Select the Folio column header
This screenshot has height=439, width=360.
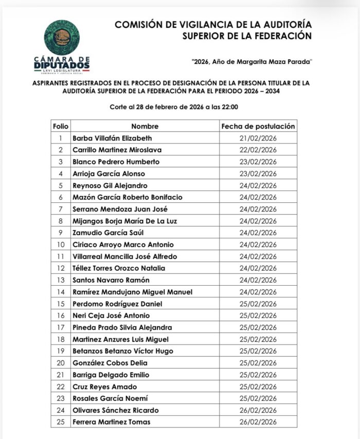[60, 126]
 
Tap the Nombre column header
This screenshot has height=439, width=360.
[145, 126]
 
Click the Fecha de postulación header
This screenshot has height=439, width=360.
[258, 126]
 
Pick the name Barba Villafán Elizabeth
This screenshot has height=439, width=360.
[112, 138]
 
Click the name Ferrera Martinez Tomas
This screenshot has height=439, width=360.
[112, 422]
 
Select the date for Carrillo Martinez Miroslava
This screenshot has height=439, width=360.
[258, 150]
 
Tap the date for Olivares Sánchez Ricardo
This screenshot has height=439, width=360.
[258, 410]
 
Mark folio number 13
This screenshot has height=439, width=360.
[60, 280]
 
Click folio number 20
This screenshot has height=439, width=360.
[60, 363]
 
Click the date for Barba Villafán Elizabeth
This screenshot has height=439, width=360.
[258, 138]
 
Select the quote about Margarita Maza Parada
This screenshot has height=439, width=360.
[251, 61]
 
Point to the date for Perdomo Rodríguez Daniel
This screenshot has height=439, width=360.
[258, 304]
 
